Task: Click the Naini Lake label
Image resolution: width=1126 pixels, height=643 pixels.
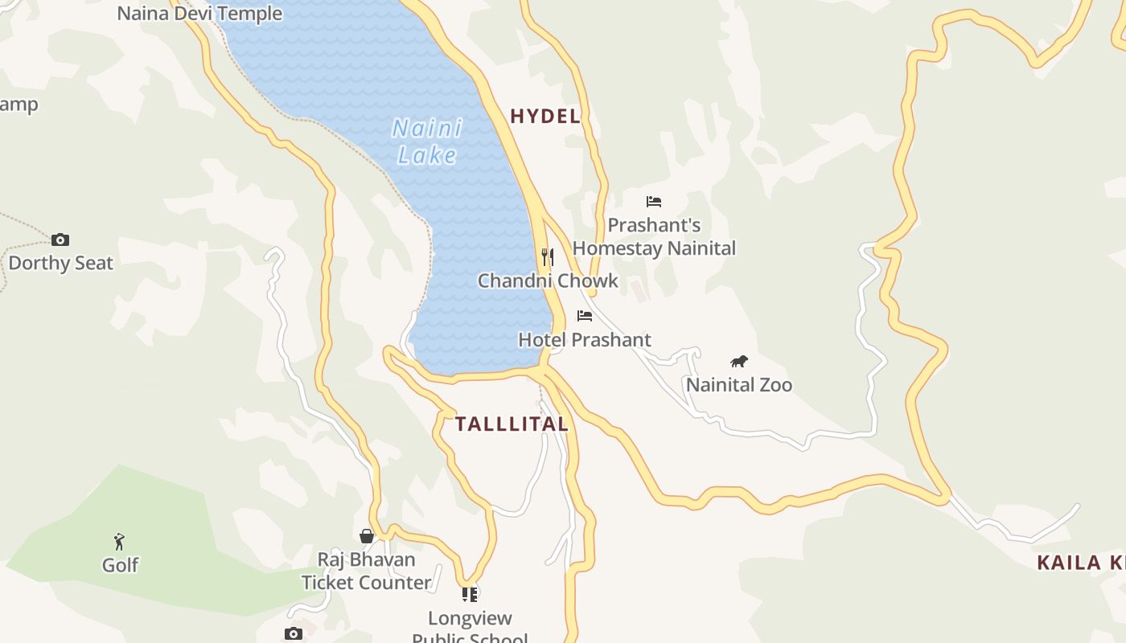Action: pyautogui.click(x=428, y=141)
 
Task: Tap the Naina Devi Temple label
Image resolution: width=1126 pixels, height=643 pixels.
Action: pyautogui.click(x=199, y=14)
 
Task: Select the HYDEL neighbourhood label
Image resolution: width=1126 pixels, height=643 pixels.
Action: pyautogui.click(x=545, y=117)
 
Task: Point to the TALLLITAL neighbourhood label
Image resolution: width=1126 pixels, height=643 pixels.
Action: pyautogui.click(x=512, y=424)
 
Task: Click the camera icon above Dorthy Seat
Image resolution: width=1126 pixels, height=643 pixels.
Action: pyautogui.click(x=60, y=240)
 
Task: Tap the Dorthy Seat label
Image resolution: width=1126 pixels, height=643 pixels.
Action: pyautogui.click(x=61, y=264)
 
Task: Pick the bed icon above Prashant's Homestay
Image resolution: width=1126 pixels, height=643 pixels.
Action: pyautogui.click(x=654, y=202)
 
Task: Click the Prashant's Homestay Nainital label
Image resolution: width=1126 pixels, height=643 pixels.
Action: pyautogui.click(x=654, y=237)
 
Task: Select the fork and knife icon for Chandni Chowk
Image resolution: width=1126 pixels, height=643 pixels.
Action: pyautogui.click(x=548, y=257)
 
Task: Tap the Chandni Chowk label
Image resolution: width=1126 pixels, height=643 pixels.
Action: pyautogui.click(x=548, y=281)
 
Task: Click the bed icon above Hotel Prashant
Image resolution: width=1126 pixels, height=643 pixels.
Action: pyautogui.click(x=585, y=316)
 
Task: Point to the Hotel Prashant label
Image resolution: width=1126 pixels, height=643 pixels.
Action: pyautogui.click(x=585, y=340)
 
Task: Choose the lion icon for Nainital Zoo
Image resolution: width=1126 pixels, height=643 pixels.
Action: pyautogui.click(x=738, y=362)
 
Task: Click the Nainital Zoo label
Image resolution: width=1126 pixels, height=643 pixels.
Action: pyautogui.click(x=739, y=385)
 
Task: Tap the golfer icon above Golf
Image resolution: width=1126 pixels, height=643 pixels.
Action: pyautogui.click(x=120, y=542)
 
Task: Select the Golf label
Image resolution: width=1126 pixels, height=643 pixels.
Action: pyautogui.click(x=120, y=566)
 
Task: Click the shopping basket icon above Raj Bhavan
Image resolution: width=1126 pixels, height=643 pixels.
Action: pyautogui.click(x=367, y=536)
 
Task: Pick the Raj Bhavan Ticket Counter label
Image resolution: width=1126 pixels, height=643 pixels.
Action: pyautogui.click(x=367, y=571)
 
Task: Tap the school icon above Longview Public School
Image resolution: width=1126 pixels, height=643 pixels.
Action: pyautogui.click(x=470, y=595)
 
